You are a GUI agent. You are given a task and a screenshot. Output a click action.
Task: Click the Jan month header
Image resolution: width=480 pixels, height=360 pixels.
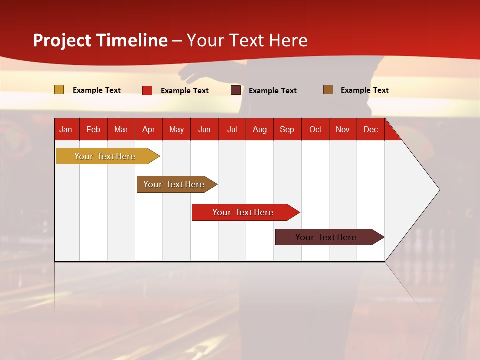66,129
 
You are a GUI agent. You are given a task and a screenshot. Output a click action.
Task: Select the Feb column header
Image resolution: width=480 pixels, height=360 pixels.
93,129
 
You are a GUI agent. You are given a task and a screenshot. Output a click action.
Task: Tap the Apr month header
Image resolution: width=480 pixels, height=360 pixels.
148,129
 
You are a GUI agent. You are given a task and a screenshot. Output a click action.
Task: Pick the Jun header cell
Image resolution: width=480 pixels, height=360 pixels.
204,129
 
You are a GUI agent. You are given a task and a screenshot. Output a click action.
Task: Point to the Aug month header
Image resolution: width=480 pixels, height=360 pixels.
259,129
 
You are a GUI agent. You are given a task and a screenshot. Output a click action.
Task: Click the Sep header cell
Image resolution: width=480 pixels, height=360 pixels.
287,129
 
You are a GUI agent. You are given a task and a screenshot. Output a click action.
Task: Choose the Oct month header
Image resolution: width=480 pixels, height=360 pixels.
315,129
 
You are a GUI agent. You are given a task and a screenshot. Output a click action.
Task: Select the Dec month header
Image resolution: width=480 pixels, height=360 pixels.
370,129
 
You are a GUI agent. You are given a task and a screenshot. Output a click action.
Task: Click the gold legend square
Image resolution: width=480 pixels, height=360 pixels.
59,90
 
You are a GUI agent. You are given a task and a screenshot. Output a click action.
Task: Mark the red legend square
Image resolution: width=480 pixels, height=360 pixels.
147,90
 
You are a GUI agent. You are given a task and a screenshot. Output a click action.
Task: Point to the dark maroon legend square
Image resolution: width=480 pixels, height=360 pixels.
235,90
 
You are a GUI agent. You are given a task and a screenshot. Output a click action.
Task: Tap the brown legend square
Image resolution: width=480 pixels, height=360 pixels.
328,90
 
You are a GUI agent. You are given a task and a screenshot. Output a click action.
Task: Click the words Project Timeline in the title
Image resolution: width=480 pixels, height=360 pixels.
100,40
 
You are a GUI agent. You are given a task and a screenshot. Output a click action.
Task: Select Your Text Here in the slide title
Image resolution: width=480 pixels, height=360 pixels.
247,40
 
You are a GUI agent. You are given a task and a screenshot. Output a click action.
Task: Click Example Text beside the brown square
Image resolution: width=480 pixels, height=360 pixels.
364,90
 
